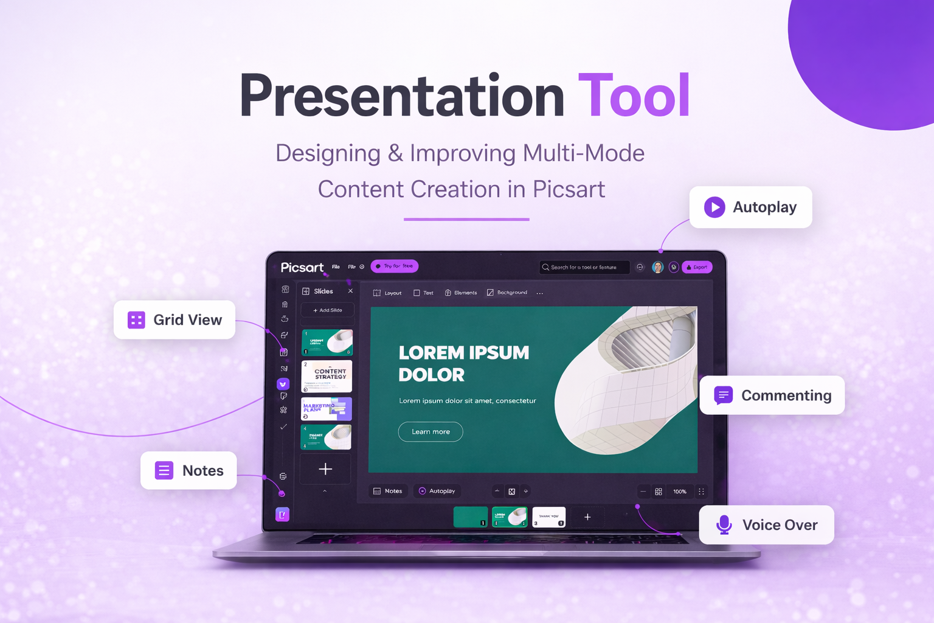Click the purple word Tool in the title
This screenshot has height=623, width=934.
pyautogui.click(x=634, y=96)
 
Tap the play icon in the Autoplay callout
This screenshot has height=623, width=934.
pyautogui.click(x=714, y=207)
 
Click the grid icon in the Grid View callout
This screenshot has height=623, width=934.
pyautogui.click(x=136, y=320)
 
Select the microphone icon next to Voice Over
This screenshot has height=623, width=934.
pyautogui.click(x=724, y=524)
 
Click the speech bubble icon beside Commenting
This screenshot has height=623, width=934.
pyautogui.click(x=723, y=395)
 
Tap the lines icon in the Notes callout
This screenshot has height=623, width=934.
pyautogui.click(x=164, y=470)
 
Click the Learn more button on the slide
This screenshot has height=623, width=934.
pyautogui.click(x=431, y=432)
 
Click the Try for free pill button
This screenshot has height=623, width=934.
pyautogui.click(x=395, y=266)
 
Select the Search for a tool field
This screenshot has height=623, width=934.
pyautogui.click(x=584, y=267)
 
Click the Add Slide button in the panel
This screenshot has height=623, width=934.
pyautogui.click(x=327, y=310)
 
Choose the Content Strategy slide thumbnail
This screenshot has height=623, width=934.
pyautogui.click(x=327, y=376)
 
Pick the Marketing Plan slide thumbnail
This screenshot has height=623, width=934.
pyautogui.click(x=327, y=409)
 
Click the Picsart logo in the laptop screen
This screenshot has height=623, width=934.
pyautogui.click(x=302, y=268)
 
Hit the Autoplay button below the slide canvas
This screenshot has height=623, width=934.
pyautogui.click(x=437, y=491)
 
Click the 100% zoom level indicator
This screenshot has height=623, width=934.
pyautogui.click(x=680, y=492)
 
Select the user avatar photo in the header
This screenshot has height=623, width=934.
pyautogui.click(x=657, y=267)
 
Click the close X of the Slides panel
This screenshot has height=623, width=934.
pyautogui.click(x=350, y=291)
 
